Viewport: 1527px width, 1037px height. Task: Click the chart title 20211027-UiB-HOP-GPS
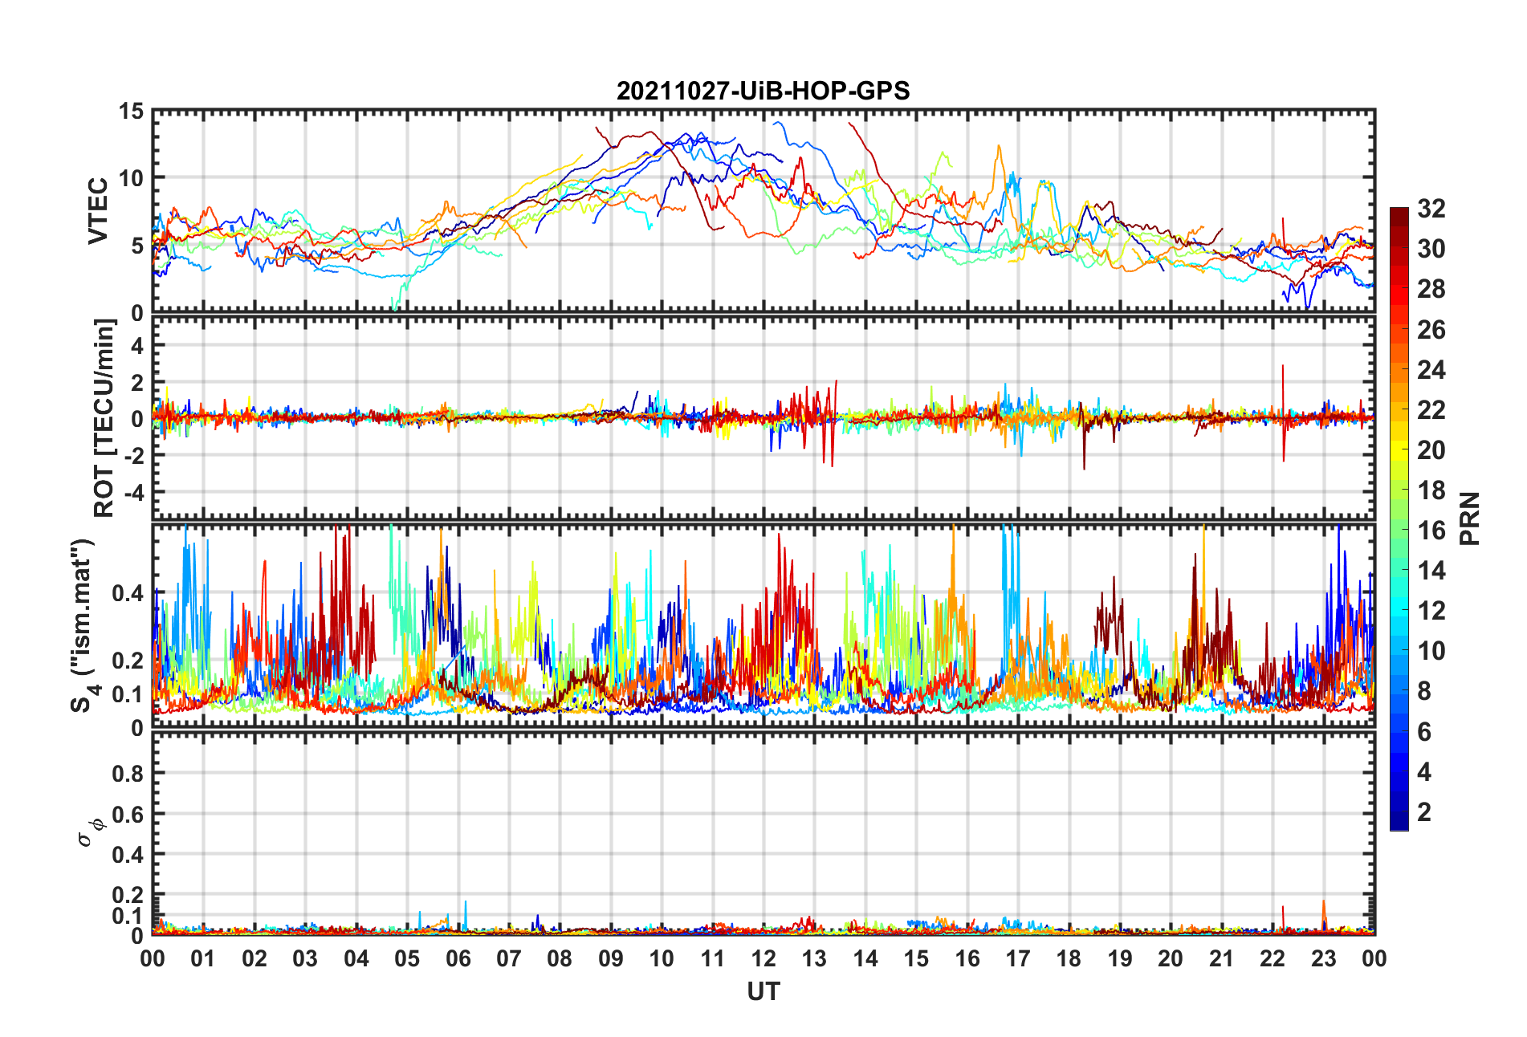point(763,91)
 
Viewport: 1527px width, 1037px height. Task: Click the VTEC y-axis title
point(98,211)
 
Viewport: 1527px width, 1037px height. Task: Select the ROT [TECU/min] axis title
point(104,418)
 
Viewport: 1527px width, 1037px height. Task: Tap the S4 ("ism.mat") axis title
point(83,626)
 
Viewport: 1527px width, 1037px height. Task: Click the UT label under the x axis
point(763,993)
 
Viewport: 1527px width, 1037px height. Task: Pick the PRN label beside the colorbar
point(1470,518)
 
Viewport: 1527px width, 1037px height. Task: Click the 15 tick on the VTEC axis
point(132,112)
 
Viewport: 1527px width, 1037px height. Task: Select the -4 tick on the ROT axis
point(135,491)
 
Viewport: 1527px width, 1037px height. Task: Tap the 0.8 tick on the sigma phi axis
point(128,774)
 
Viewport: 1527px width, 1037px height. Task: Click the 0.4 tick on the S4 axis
point(128,594)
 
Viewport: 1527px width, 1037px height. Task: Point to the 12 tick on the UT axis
point(763,959)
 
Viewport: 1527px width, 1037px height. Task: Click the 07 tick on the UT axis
point(509,959)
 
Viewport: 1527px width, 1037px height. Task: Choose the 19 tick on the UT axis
point(1120,959)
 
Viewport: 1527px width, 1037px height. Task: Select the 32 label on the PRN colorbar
point(1431,209)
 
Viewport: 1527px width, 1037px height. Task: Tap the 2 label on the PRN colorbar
point(1424,812)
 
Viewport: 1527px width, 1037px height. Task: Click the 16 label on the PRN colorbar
point(1431,531)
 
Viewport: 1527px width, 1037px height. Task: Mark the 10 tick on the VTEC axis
point(132,178)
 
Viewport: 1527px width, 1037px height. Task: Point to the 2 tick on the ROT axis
point(137,383)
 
